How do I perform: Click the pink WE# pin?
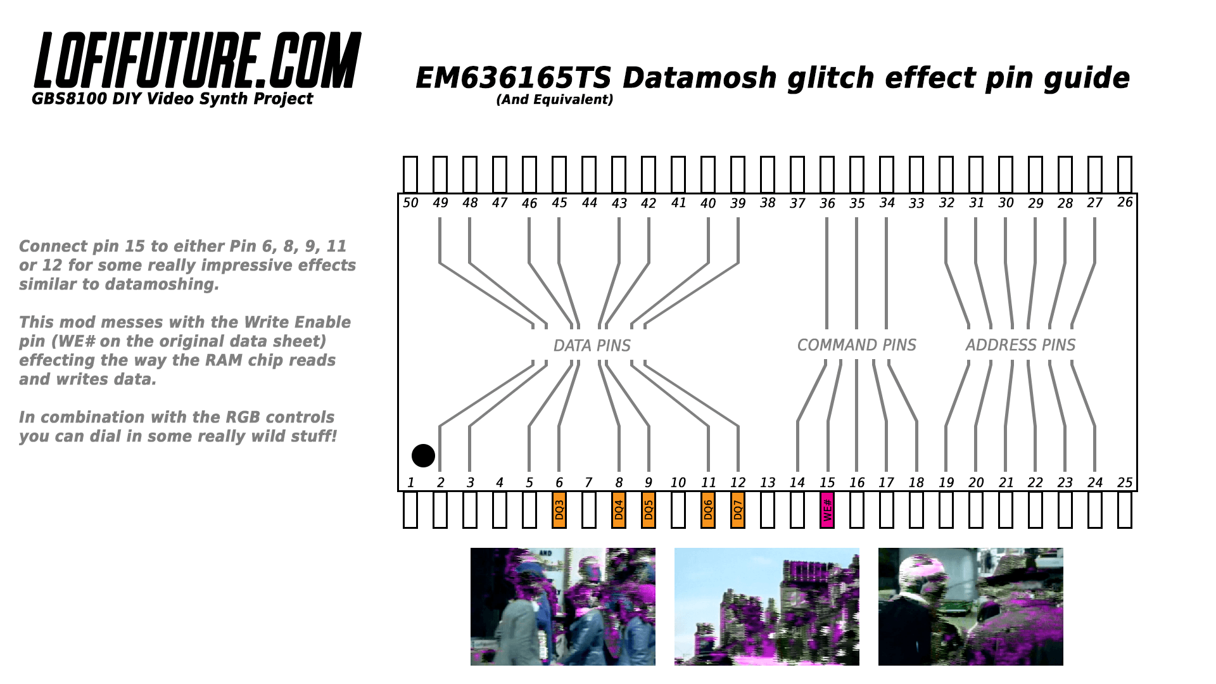(x=827, y=510)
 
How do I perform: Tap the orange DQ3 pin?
(x=559, y=510)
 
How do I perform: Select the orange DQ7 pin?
(x=738, y=510)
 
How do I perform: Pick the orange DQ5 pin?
(x=649, y=510)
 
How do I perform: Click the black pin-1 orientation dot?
(x=423, y=455)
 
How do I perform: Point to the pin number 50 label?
(x=410, y=203)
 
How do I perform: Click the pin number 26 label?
(x=1125, y=202)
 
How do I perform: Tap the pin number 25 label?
(x=1125, y=483)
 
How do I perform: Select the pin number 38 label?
(x=768, y=203)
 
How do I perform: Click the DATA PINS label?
(x=592, y=346)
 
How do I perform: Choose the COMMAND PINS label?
(x=857, y=345)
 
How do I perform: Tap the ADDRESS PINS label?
(x=1021, y=345)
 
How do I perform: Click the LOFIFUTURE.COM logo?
(x=198, y=60)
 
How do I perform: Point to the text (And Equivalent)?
(x=555, y=99)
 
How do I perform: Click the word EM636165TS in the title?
(x=514, y=78)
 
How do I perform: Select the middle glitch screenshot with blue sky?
(x=767, y=607)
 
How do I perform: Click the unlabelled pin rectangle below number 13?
(x=768, y=510)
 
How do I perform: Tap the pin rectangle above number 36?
(x=827, y=174)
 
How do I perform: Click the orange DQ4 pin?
(x=619, y=510)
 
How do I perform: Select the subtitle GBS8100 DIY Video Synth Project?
(x=172, y=99)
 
